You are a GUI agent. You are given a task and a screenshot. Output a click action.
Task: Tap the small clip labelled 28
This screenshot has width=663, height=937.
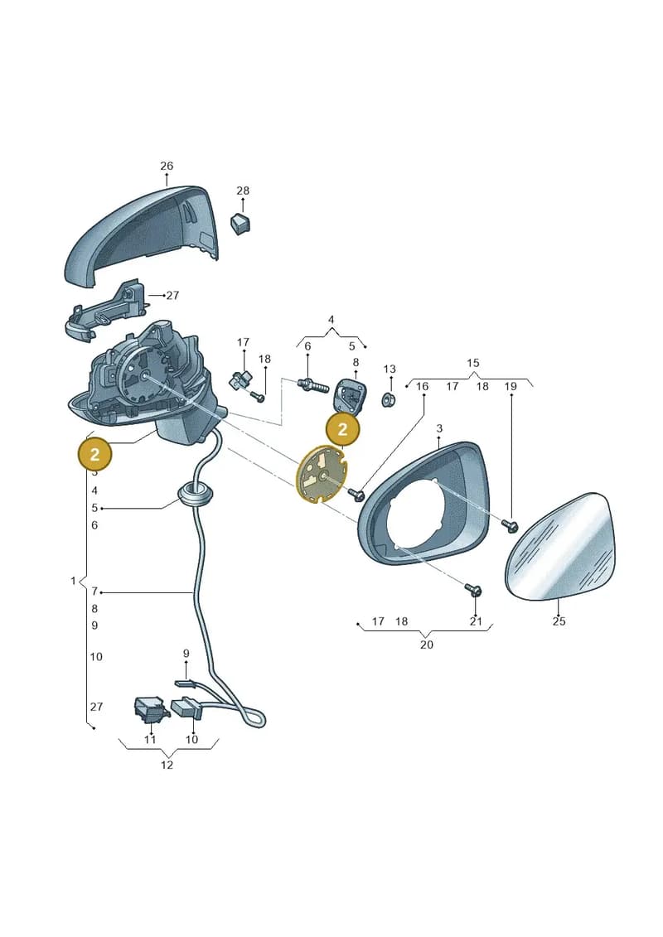point(240,222)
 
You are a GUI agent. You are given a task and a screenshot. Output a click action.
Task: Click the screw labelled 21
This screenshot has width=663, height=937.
point(473,591)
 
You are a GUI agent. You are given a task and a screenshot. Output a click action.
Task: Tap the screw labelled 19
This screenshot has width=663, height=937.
point(510,525)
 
